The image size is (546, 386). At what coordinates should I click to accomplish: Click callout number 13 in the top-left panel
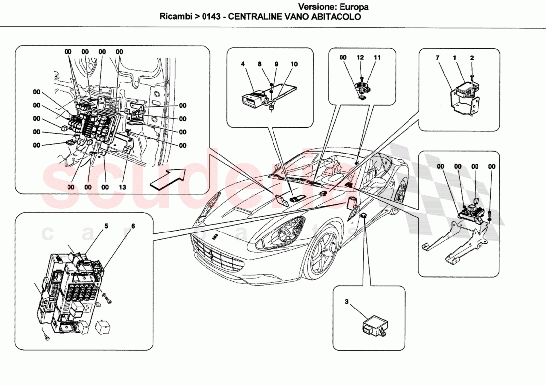pos(122,187)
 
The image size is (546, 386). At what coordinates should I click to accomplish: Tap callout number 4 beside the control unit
pos(243,64)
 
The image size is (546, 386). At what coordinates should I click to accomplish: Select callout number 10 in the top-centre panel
pos(294,64)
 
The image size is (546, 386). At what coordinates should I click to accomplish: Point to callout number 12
pos(361,58)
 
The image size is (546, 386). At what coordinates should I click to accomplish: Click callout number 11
pos(377,58)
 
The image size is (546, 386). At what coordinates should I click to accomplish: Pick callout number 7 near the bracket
pos(438,58)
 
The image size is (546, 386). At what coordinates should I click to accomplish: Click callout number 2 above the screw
pos(472,58)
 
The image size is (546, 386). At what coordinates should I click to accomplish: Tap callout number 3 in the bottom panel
pos(347,301)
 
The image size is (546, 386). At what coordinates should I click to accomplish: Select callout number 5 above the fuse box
pos(106,226)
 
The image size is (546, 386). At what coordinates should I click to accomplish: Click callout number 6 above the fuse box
pos(133,226)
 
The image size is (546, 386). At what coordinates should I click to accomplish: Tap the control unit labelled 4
pos(252,97)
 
